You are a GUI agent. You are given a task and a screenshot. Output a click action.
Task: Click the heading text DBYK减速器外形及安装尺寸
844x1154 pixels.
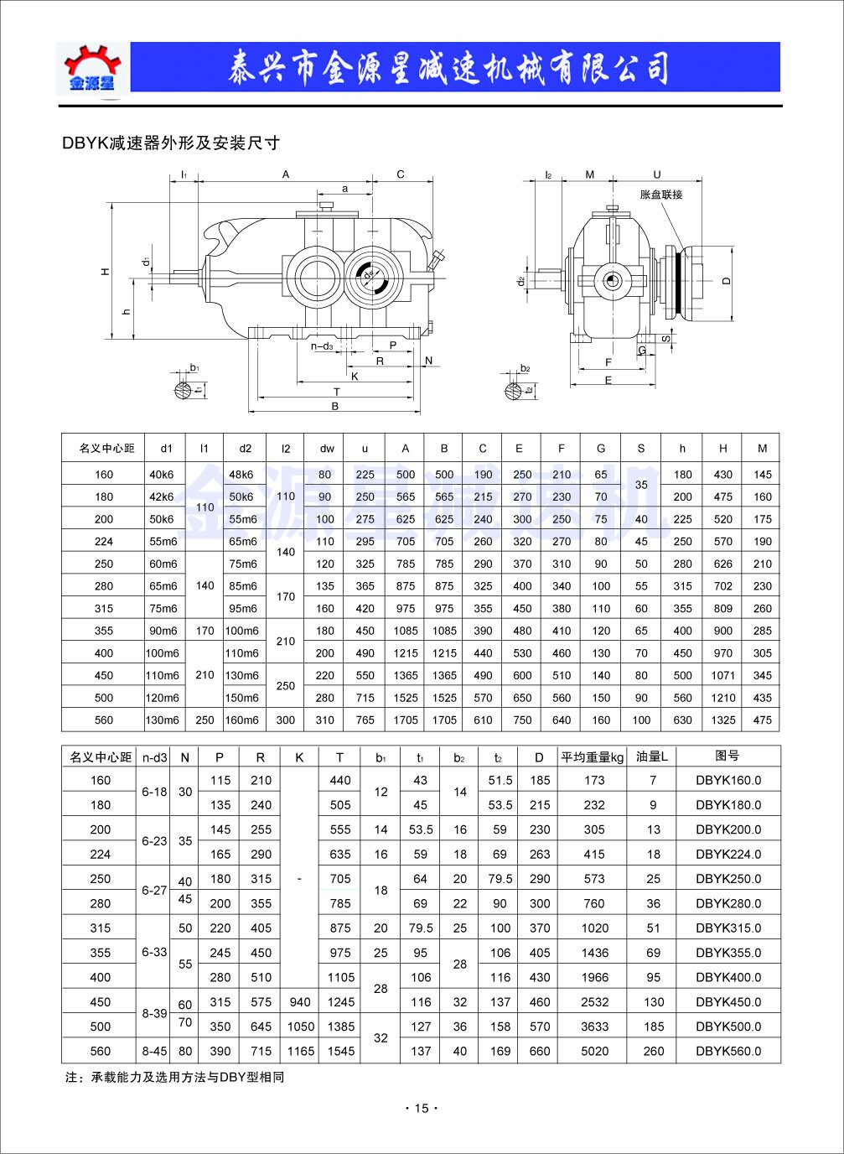(171, 143)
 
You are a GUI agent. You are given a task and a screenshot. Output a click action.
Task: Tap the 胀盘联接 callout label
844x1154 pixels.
(660, 195)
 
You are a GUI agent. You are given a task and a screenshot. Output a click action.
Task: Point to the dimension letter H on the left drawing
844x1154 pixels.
(106, 272)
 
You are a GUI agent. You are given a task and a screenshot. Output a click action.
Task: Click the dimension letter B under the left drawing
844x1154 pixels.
(334, 407)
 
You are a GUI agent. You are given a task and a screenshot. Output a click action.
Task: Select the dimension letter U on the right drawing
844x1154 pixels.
(657, 174)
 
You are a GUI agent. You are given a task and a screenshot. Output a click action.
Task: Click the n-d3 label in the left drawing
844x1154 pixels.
(323, 346)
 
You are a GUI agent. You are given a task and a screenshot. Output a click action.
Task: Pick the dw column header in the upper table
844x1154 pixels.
(327, 449)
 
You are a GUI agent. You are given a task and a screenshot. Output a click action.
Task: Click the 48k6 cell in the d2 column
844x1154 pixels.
(241, 475)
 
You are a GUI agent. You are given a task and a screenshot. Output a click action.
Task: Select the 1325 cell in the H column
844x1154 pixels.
(723, 720)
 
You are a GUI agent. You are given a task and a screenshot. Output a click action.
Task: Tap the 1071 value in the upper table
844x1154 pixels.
(723, 675)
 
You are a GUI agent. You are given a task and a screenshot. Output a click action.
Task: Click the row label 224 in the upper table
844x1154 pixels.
(104, 542)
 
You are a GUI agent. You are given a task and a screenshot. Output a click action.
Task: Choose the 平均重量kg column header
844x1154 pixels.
(593, 756)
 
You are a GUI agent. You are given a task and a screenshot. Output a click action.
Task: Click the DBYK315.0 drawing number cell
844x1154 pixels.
(728, 928)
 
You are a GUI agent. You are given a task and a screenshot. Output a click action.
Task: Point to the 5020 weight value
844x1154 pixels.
(594, 1051)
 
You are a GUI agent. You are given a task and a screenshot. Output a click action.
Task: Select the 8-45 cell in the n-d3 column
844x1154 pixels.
(154, 1051)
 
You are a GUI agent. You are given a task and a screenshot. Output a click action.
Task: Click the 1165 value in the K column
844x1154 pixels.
(300, 1051)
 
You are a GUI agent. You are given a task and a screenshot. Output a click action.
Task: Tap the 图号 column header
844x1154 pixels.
(727, 756)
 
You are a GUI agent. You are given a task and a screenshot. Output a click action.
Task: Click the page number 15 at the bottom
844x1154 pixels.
(422, 1108)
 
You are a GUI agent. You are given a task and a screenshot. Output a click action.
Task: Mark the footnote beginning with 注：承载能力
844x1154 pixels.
(175, 1077)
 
